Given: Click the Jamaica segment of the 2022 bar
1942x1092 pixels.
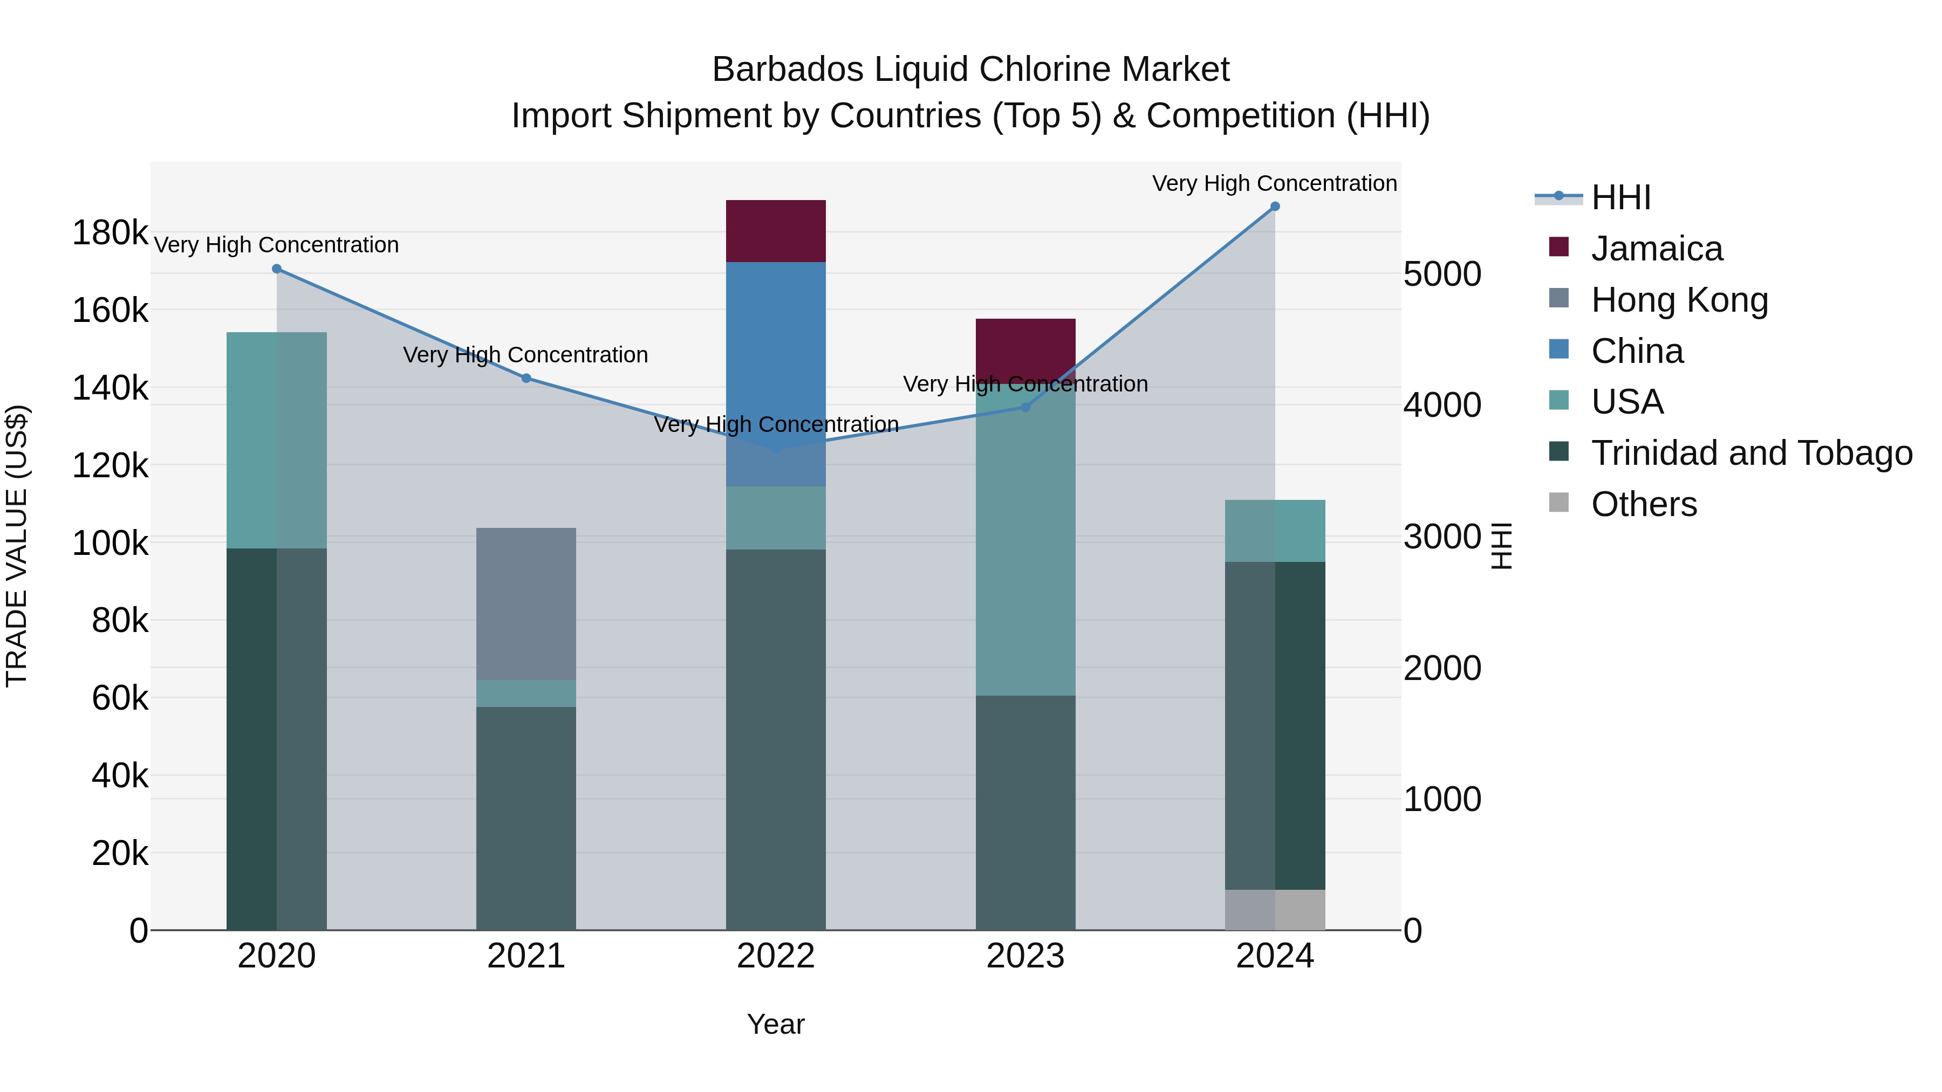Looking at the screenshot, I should tap(775, 231).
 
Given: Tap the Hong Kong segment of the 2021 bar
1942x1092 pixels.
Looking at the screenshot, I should tap(525, 603).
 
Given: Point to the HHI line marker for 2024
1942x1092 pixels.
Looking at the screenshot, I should tap(1274, 207).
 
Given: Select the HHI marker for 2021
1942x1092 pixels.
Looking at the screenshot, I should tap(525, 379).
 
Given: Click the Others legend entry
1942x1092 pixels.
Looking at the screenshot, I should tap(1644, 504).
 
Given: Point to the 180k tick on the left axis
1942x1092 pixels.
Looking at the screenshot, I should tap(110, 233).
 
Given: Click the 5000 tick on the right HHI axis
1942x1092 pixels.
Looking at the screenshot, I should tap(1441, 274).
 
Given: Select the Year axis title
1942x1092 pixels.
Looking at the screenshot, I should tap(775, 1024).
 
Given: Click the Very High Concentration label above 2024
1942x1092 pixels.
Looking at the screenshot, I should tap(1274, 183).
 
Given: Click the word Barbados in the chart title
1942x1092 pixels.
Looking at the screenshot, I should tap(787, 70).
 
